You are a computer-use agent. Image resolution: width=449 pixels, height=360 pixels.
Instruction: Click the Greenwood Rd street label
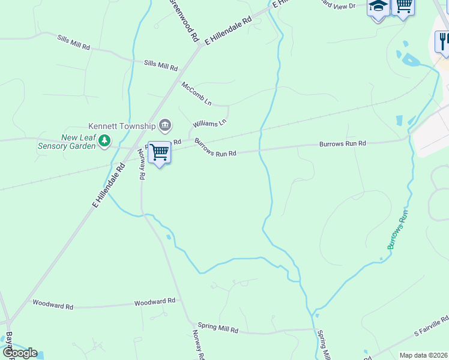click(x=185, y=19)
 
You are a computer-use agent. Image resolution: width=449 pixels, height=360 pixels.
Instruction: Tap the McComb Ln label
click(x=197, y=93)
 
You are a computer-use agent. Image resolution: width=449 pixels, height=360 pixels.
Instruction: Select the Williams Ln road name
click(x=209, y=123)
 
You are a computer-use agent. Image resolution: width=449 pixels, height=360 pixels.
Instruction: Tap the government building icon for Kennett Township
click(x=165, y=125)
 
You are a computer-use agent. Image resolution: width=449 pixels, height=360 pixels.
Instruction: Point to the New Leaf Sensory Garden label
click(x=67, y=142)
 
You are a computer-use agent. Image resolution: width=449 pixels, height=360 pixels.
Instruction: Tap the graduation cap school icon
click(x=378, y=7)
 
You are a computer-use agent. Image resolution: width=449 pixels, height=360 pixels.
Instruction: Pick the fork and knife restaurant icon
click(x=442, y=41)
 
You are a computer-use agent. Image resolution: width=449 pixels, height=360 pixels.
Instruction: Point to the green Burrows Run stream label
click(x=397, y=229)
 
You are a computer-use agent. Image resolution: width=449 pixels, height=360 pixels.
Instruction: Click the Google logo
click(x=19, y=353)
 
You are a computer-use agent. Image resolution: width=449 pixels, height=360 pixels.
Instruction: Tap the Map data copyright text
click(x=423, y=355)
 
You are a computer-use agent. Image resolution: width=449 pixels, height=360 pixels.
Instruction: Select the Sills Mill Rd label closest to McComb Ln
click(x=161, y=65)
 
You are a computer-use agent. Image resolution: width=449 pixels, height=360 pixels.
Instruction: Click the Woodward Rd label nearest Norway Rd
click(x=154, y=301)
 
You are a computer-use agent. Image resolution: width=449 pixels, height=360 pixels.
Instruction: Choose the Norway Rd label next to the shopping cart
click(x=142, y=164)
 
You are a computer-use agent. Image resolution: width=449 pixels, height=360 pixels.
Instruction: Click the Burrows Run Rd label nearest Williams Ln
click(x=215, y=148)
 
